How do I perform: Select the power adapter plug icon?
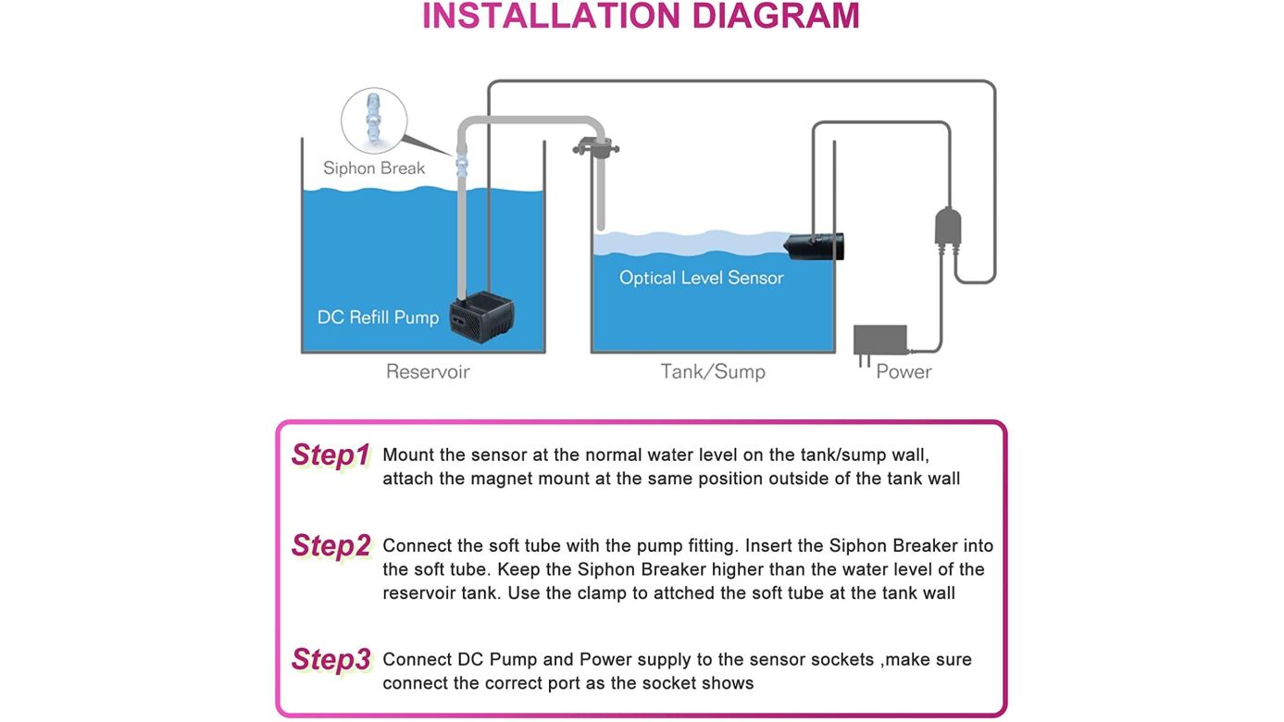click(879, 341)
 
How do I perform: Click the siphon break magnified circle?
click(374, 120)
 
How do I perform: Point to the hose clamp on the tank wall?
click(595, 146)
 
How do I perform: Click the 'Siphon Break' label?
click(374, 168)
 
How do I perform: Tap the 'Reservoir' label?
click(428, 372)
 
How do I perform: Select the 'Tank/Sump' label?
click(713, 372)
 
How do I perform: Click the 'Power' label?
click(904, 372)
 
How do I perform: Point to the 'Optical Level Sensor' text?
click(701, 278)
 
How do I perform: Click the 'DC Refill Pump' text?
click(378, 317)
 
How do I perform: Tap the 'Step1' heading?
click(330, 455)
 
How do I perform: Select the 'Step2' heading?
click(330, 546)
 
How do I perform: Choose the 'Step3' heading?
click(330, 660)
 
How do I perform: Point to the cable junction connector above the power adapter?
click(948, 228)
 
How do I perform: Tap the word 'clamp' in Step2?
click(601, 593)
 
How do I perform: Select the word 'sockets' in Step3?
click(842, 660)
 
